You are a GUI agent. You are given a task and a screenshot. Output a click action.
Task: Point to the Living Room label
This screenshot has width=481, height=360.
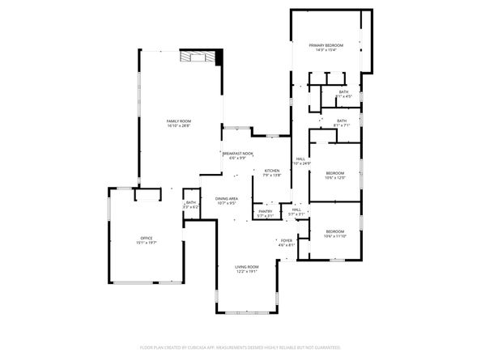pyautogui.click(x=247, y=267)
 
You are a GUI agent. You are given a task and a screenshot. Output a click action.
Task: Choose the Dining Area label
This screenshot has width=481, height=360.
pyautogui.click(x=226, y=199)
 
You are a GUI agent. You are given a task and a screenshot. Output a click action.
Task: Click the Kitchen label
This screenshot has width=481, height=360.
pyautogui.click(x=271, y=171)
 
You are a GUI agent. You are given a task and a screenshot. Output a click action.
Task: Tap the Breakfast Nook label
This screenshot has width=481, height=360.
pyautogui.click(x=237, y=153)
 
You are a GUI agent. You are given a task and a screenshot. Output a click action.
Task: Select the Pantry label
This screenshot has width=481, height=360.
pyautogui.click(x=265, y=211)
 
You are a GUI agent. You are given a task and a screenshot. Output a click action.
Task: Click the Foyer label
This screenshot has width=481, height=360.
pyautogui.click(x=286, y=240)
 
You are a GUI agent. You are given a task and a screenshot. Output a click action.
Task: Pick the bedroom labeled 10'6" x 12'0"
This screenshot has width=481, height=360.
pyautogui.click(x=334, y=176)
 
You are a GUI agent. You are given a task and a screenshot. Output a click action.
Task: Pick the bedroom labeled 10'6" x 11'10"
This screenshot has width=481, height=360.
pyautogui.click(x=334, y=234)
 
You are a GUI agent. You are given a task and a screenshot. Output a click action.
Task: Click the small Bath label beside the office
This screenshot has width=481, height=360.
pyautogui.click(x=190, y=203)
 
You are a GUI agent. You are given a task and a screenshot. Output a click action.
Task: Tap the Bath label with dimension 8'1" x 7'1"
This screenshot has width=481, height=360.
pyautogui.click(x=342, y=123)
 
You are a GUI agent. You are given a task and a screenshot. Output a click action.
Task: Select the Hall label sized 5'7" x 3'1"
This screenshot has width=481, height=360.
pyautogui.click(x=296, y=213)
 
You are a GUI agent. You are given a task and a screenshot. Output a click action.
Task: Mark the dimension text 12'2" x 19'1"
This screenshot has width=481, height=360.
pyautogui.click(x=247, y=272)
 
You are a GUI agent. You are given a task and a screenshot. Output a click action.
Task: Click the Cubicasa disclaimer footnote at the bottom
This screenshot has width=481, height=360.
pyautogui.click(x=240, y=346)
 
